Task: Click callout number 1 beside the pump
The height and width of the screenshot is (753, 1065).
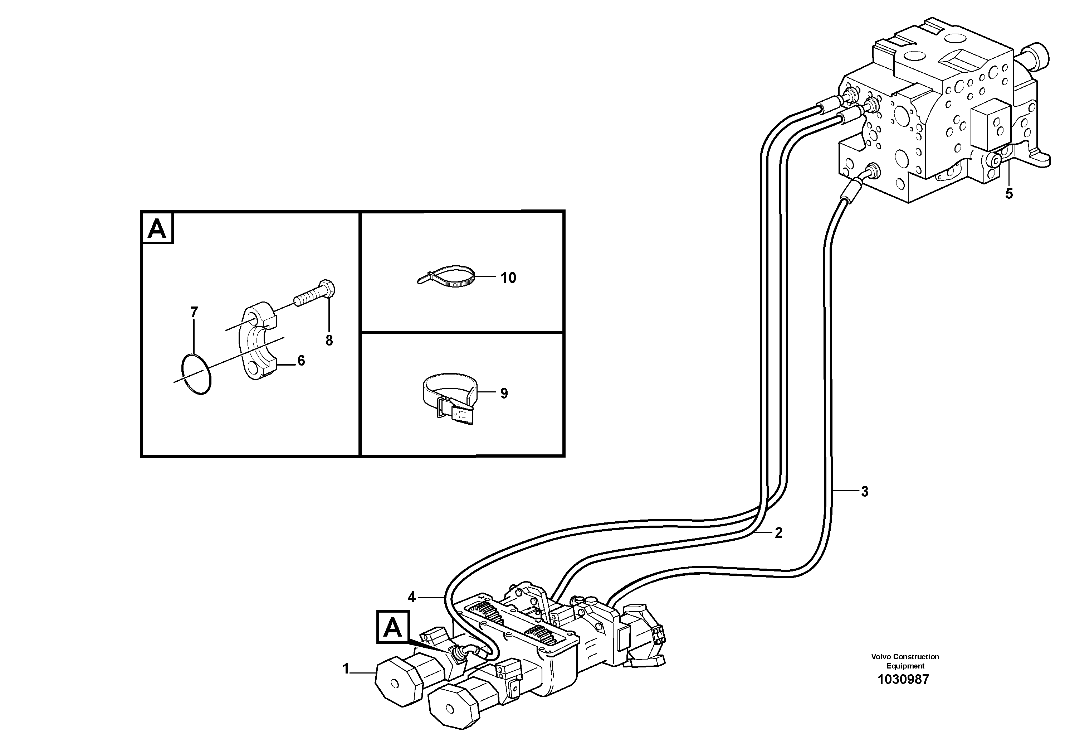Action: click(346, 669)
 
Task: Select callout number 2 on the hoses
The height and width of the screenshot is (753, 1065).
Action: click(778, 533)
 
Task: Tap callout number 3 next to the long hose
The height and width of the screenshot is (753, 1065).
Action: click(864, 492)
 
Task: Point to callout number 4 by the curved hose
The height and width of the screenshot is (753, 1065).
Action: click(412, 597)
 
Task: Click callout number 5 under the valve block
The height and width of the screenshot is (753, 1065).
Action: click(1009, 194)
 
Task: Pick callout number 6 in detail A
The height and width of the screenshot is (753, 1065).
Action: click(301, 360)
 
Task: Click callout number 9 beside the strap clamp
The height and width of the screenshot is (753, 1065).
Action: click(504, 394)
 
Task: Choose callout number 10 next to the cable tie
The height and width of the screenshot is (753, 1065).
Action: click(508, 278)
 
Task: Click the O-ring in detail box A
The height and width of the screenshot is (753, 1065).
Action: click(196, 374)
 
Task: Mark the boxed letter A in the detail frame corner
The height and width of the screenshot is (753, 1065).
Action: click(157, 228)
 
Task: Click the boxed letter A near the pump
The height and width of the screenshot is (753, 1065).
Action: click(393, 627)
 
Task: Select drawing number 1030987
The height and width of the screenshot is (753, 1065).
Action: click(903, 680)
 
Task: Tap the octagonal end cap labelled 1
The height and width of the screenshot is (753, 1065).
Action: click(397, 682)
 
